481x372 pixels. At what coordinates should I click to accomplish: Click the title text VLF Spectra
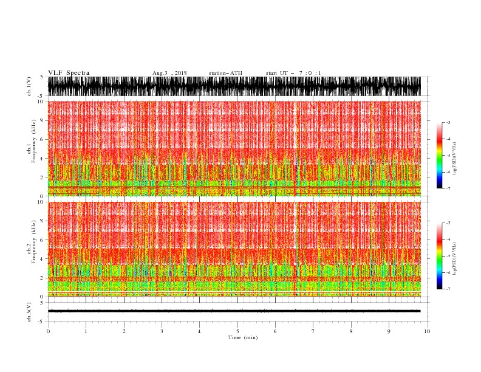tap(69, 73)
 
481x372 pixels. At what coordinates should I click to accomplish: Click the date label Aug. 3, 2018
tap(169, 73)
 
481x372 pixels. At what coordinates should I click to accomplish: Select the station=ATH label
tap(225, 73)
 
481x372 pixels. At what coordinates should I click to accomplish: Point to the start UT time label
tap(293, 73)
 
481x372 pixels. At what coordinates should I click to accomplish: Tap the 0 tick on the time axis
tap(48, 331)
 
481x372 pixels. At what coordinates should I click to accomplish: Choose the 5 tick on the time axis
tap(237, 331)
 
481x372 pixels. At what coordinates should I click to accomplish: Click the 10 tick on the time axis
tap(427, 331)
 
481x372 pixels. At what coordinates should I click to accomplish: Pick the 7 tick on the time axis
tap(313, 331)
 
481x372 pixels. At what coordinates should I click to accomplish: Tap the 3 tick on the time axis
tap(162, 331)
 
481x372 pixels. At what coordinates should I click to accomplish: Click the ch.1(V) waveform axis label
tap(29, 86)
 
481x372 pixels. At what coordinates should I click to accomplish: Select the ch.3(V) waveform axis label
tap(29, 311)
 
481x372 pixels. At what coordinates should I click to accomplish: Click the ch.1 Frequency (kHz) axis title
tap(30, 148)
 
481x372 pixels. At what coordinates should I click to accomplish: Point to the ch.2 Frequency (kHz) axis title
tap(30, 249)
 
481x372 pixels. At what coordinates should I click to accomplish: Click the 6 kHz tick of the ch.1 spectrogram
tap(42, 139)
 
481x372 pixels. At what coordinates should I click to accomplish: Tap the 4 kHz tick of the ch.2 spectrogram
tap(42, 259)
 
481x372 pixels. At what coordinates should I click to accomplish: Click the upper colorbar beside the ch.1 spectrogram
tap(439, 155)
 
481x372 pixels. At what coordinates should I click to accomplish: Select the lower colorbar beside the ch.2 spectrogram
tap(439, 255)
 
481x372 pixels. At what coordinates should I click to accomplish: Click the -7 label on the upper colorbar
tap(448, 188)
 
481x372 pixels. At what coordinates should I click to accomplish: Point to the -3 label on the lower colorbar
tap(448, 223)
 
